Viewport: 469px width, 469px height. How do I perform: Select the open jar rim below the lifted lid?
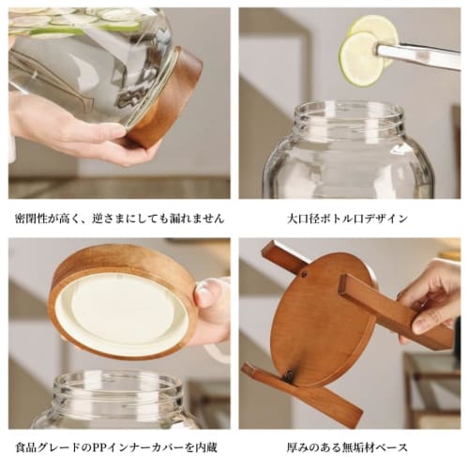pyautogui.click(x=117, y=386)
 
